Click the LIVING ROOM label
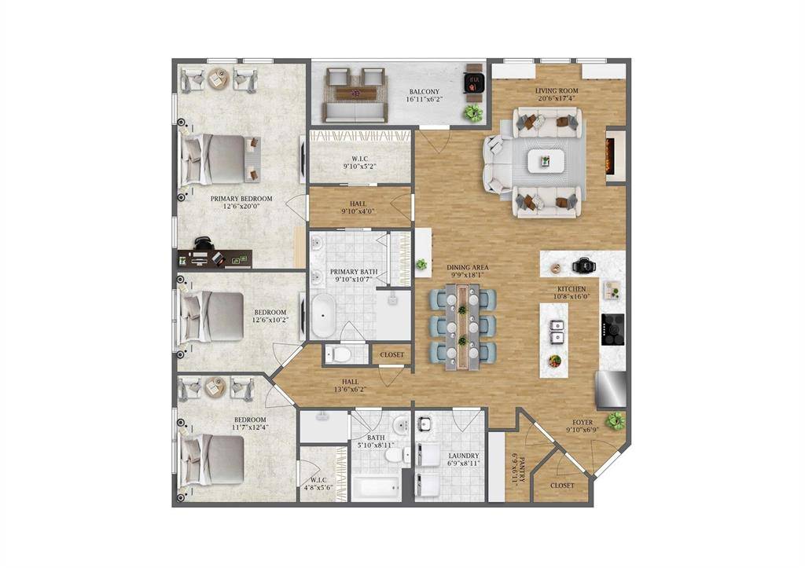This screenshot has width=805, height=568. tap(557, 95)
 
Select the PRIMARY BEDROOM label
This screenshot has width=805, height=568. tap(241, 203)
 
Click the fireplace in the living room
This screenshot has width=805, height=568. tap(616, 156)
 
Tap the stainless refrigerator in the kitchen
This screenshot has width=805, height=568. tap(612, 388)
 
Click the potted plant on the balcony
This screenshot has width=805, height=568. tap(472, 113)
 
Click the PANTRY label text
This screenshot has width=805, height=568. tap(515, 468)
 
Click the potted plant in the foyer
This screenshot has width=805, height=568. tap(616, 421)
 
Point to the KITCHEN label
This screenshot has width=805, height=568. tap(571, 292)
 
